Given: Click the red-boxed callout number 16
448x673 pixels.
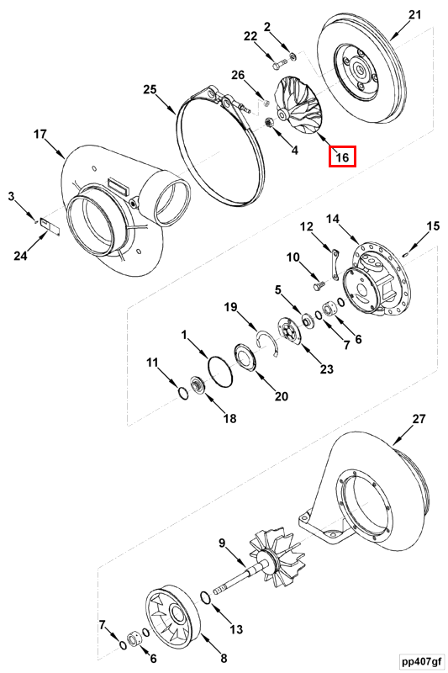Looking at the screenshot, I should click(342, 156).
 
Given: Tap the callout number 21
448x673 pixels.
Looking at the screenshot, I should click(414, 14).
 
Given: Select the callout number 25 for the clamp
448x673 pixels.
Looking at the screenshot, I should click(150, 89).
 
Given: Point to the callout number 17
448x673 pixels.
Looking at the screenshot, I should click(40, 134).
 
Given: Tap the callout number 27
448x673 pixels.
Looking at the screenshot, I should click(419, 418).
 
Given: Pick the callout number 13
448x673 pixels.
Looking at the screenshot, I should click(236, 628).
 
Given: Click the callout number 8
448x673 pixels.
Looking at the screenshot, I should click(223, 658).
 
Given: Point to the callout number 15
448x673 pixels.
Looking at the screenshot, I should click(433, 225).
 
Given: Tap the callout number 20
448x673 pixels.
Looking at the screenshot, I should click(282, 397).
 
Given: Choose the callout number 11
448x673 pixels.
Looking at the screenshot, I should click(152, 363).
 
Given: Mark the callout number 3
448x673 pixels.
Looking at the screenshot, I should click(12, 196).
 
